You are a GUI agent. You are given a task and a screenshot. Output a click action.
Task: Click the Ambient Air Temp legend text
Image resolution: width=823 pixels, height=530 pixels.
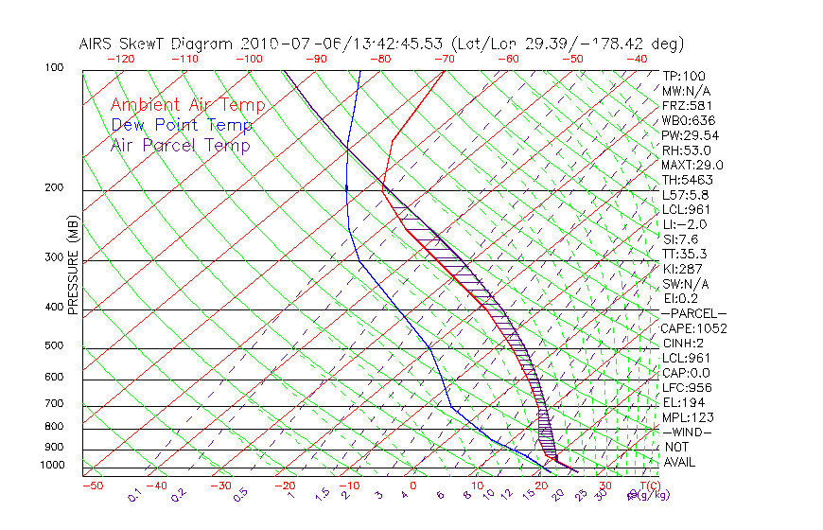[x=187, y=105]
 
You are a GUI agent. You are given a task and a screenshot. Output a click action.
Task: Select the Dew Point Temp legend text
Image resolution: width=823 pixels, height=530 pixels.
[x=182, y=125]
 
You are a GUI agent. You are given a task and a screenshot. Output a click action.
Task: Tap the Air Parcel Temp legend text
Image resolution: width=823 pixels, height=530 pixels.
[x=180, y=145]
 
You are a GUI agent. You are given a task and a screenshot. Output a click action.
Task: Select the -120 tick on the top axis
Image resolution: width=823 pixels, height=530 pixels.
[x=120, y=59]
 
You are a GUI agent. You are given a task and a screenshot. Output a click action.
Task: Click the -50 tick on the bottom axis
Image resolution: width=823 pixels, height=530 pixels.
[x=92, y=486]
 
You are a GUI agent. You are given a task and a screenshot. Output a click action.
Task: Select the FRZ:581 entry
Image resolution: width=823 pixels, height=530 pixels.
[x=688, y=105]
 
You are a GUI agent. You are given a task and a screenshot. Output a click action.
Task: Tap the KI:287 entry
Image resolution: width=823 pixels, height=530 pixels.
[x=684, y=269]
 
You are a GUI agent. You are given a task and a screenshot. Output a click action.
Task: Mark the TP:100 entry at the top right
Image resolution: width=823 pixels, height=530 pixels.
[x=684, y=76]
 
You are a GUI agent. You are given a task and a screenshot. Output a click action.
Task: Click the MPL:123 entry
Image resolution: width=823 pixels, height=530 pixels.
[x=688, y=417]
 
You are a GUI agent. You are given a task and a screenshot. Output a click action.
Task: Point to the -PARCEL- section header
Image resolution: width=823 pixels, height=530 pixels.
[x=693, y=313]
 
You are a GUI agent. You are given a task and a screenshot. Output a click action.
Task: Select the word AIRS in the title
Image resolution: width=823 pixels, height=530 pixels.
[x=96, y=44]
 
